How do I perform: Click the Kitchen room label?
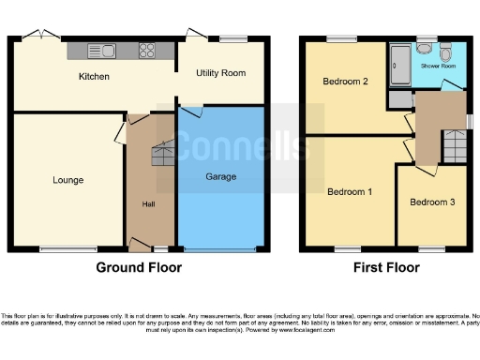94,77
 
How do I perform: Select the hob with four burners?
148,51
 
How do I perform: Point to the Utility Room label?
219,73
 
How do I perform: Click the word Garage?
220,176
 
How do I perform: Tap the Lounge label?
67,180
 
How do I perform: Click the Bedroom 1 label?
350,192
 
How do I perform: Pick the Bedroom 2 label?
345,82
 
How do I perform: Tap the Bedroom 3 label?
432,202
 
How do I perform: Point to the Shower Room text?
438,67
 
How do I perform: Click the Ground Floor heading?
139,267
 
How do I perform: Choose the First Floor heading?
385,267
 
